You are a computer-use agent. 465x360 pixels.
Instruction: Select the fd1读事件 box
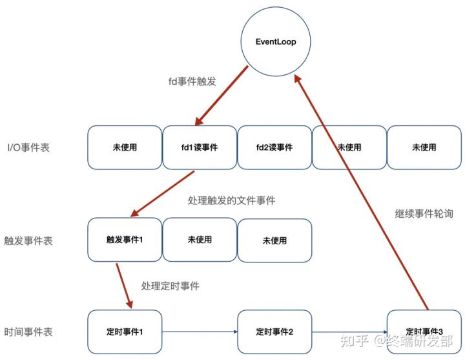[x=200, y=147]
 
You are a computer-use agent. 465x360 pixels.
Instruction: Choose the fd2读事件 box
[x=274, y=147]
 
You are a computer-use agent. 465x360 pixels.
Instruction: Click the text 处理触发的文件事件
[x=231, y=200]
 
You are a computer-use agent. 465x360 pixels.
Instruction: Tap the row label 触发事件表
[x=28, y=240]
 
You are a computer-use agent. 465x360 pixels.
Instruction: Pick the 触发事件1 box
[x=125, y=240]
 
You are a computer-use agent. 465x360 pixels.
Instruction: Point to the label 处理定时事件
[x=170, y=285]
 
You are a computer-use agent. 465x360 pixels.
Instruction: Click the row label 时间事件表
[x=28, y=332]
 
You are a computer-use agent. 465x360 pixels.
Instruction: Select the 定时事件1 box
[x=125, y=332]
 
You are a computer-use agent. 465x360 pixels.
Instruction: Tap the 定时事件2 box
[x=274, y=332]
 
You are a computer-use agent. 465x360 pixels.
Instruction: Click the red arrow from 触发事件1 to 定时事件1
[x=123, y=284]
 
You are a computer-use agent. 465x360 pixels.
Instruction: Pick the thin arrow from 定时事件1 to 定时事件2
[x=200, y=332]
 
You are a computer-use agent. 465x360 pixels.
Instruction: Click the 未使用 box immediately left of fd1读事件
[x=125, y=147]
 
